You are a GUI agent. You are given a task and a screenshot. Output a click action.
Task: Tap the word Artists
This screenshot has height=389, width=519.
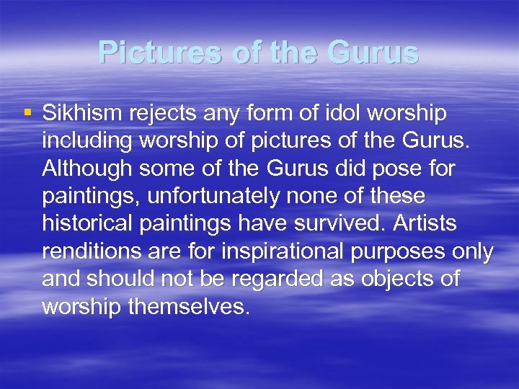coord(426,223)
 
